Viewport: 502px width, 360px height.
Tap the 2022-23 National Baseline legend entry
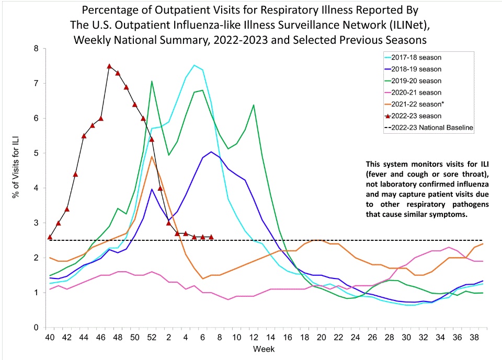434,127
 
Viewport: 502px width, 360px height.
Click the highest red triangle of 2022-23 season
109,66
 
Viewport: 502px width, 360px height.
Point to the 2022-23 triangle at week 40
50,237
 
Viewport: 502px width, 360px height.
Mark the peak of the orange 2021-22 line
152,157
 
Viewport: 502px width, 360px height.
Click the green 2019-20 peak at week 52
152,82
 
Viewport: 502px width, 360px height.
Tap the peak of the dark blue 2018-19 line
211,152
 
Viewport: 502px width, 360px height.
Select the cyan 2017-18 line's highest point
194,65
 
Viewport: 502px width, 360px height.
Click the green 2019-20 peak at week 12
254,105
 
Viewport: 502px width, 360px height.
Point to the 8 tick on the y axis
36,49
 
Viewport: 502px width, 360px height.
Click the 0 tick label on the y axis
36,328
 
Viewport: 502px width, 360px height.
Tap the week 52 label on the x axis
152,338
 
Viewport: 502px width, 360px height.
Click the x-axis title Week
261,349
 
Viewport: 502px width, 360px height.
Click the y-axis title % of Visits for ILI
15,188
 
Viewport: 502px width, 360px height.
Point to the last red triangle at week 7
211,237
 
